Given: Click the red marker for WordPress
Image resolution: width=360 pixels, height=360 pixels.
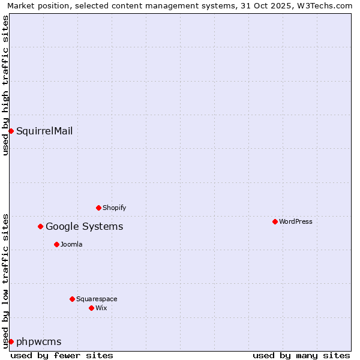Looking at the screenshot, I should (x=275, y=221).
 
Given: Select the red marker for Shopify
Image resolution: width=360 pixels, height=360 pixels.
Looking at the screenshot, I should (x=98, y=208).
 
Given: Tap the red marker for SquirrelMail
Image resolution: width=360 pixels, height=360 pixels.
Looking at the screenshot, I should (x=11, y=131).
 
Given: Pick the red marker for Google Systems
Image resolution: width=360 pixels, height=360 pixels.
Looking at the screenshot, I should (x=41, y=226).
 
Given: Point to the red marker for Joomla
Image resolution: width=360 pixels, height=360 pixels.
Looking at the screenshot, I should (x=56, y=244).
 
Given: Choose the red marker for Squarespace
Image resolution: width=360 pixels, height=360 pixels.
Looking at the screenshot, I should (x=72, y=299).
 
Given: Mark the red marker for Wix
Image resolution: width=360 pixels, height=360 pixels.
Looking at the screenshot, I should (x=91, y=308).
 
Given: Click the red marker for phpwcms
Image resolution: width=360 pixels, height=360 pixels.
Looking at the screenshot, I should (x=11, y=341).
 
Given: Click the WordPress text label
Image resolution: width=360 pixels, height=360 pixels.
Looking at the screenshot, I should (x=296, y=221).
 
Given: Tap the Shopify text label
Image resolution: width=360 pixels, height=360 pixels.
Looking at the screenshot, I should (x=114, y=208).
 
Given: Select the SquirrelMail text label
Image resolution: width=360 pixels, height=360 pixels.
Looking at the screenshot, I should (x=44, y=131).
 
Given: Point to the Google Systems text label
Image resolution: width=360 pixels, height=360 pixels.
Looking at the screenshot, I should (x=85, y=226).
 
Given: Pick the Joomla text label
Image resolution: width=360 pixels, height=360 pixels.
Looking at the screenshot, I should (x=71, y=244).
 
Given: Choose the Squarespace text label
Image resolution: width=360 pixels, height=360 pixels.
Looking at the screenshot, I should (x=97, y=299).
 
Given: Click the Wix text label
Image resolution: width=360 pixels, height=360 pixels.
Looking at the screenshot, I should (x=101, y=308).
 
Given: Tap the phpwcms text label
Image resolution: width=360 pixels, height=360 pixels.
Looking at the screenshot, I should (x=39, y=341).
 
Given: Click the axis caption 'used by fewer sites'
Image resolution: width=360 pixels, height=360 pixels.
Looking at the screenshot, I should (x=62, y=355).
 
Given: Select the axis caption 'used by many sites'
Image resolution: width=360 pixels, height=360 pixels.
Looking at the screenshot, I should (x=301, y=355).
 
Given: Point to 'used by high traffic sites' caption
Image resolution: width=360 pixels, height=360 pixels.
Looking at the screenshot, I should (x=5, y=85).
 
